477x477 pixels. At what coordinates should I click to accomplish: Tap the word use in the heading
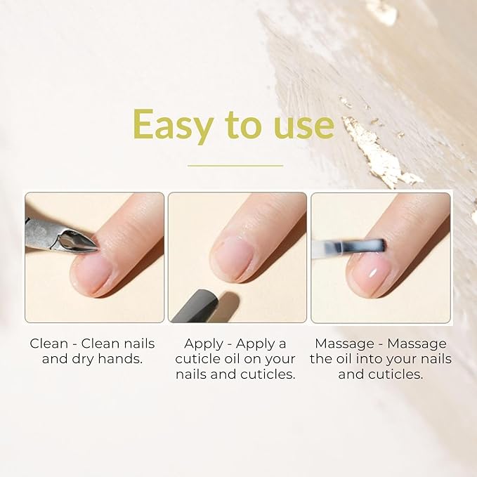(301, 126)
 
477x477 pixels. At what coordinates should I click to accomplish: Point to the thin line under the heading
(235, 166)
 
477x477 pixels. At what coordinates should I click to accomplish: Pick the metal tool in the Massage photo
(351, 247)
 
